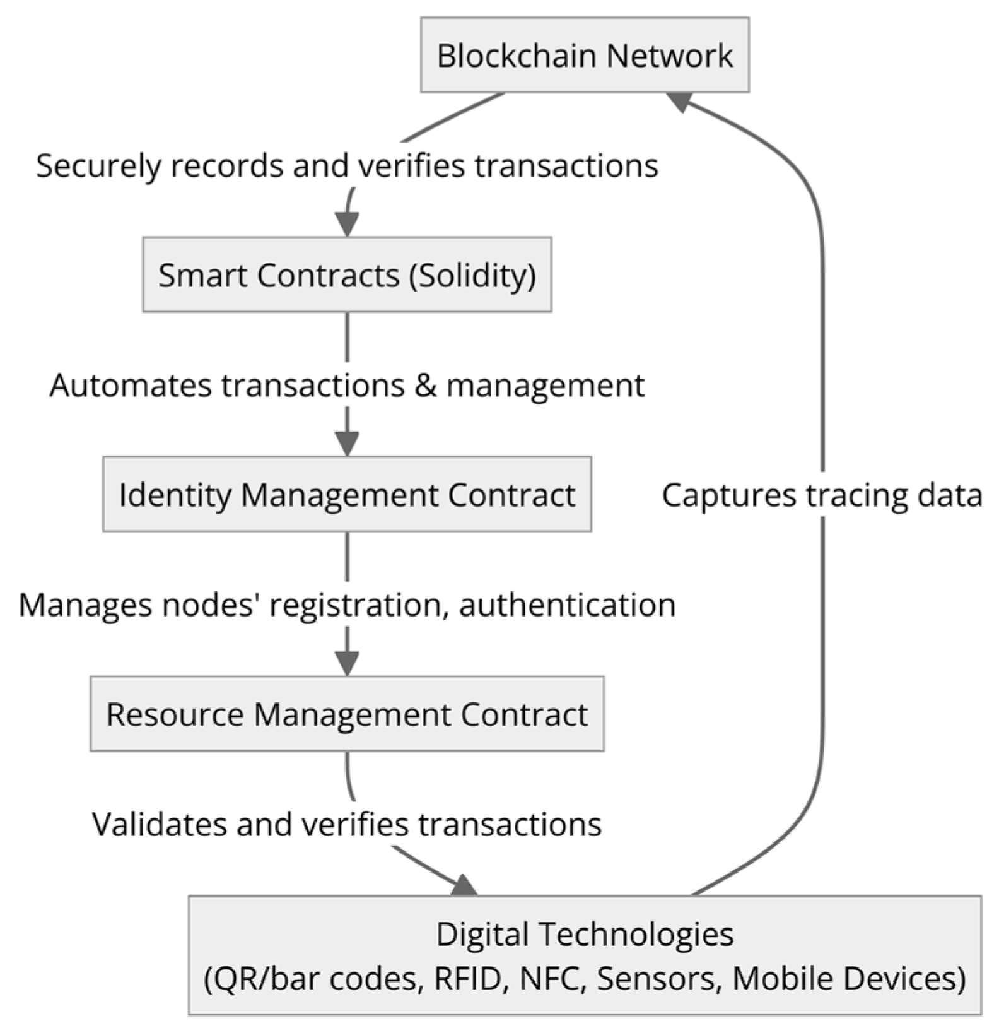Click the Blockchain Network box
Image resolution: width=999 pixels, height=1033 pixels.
tap(585, 55)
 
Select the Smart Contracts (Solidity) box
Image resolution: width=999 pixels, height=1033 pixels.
tap(347, 274)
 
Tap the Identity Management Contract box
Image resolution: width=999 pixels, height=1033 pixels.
tap(347, 494)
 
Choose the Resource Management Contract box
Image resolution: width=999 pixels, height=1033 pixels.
tap(347, 714)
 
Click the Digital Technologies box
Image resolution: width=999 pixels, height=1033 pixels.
tap(585, 955)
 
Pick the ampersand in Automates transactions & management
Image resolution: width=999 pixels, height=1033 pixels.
tap(425, 385)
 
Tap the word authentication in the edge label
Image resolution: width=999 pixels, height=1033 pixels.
tap(567, 605)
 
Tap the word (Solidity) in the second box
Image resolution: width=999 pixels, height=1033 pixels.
tap(472, 275)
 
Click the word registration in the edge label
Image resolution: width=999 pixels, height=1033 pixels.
tap(359, 605)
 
